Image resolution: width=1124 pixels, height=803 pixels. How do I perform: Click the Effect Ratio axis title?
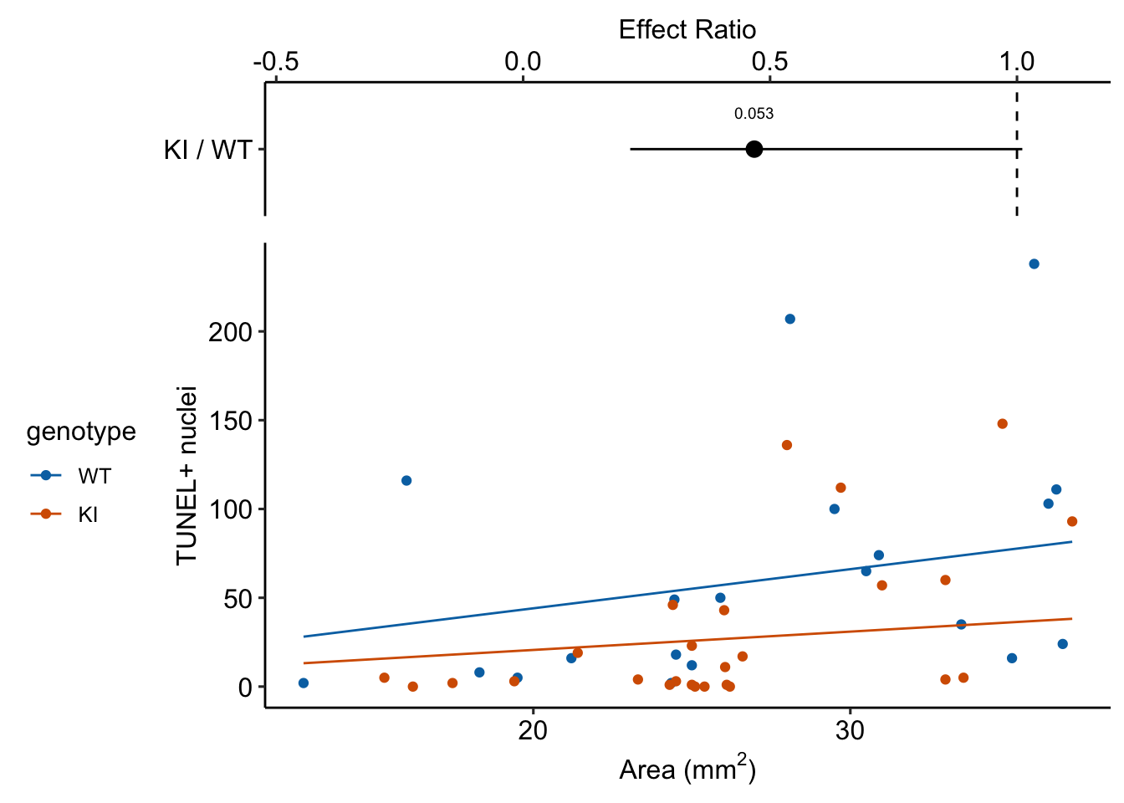687,30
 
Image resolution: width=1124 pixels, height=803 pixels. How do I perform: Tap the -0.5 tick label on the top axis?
275,61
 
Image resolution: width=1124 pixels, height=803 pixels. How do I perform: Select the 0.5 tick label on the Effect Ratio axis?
769,61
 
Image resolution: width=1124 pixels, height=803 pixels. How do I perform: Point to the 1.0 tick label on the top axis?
1016,61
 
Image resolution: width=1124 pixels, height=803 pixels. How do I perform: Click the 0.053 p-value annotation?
754,115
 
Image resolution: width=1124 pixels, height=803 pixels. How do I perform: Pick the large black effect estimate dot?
754,150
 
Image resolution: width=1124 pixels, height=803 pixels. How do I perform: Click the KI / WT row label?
207,151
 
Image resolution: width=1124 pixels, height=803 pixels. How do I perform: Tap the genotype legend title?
81,432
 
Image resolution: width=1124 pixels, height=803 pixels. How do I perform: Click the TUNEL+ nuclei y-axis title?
186,476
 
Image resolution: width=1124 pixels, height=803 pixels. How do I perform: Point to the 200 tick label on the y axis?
230,332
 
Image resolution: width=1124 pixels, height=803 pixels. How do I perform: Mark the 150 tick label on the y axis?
230,421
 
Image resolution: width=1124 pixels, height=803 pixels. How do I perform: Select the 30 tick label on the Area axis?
850,730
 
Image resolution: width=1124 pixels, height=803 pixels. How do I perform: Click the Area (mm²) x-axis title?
687,769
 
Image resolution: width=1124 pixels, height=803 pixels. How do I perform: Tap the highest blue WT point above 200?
1034,264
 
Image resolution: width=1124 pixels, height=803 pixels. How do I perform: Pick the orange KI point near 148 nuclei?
1002,424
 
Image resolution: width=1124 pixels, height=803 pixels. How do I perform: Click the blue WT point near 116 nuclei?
406,481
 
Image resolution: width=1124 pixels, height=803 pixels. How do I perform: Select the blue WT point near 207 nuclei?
789,319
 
